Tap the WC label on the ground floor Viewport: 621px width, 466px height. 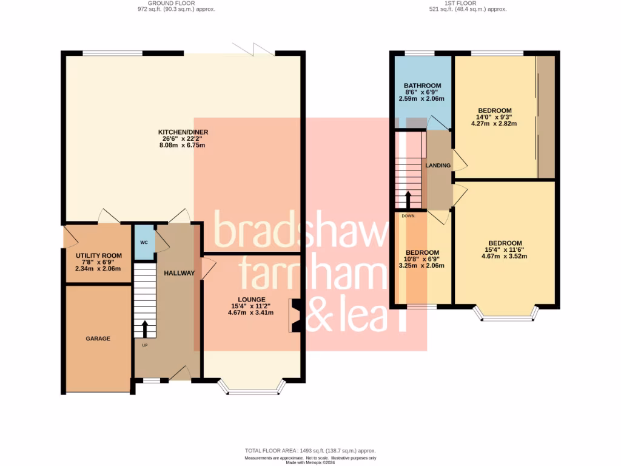tap(144, 242)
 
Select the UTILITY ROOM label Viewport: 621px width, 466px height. tap(98, 255)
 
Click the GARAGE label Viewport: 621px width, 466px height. tap(98, 339)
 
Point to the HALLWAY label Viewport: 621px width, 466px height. tap(179, 273)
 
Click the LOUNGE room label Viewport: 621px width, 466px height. tap(250, 299)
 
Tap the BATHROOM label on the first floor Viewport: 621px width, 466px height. tap(422, 86)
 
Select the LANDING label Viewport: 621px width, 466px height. tap(438, 165)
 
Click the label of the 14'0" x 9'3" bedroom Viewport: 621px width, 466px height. tap(494, 110)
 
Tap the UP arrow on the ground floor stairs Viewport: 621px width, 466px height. tap(144, 329)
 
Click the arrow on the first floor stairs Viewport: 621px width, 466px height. tap(408, 199)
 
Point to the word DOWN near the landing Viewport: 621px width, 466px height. tap(408, 215)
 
